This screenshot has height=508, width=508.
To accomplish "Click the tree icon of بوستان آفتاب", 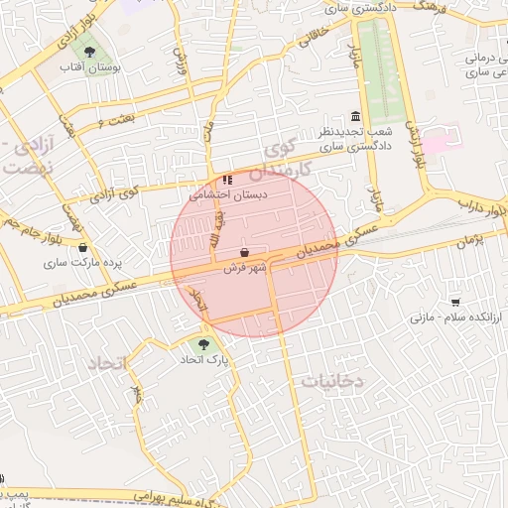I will coord(91,48).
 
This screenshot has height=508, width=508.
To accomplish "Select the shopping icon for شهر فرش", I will coord(245,252).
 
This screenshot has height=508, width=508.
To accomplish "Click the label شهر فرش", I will coord(246,268).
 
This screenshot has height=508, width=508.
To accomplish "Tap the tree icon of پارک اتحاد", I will coord(203,344).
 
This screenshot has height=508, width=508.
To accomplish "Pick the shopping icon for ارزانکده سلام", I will coord(455,302).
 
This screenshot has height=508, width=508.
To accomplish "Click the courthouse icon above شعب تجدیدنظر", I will coord(356,116).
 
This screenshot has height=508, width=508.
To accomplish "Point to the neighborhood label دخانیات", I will coord(332,381).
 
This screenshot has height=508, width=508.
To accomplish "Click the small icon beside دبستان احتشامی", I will coord(227,180).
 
